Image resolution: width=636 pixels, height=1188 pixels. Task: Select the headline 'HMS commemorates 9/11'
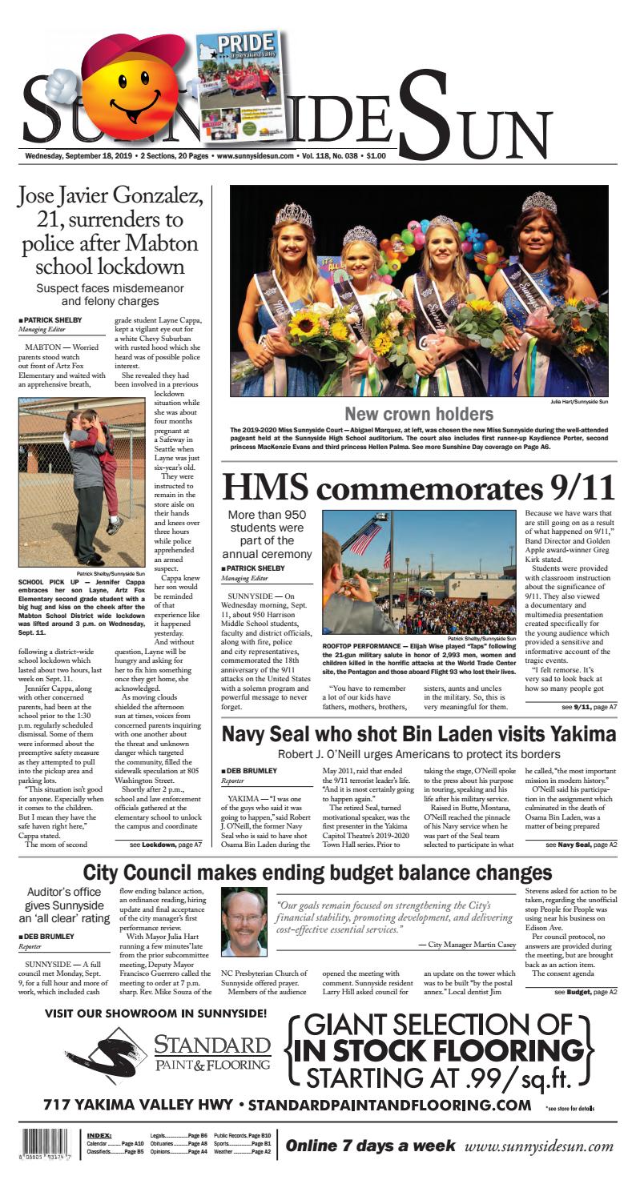(418, 488)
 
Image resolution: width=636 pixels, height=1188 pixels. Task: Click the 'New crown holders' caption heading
(419, 414)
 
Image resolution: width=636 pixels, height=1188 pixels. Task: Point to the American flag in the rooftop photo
(364, 538)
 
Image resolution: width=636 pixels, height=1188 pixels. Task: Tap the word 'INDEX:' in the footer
(100, 1135)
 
